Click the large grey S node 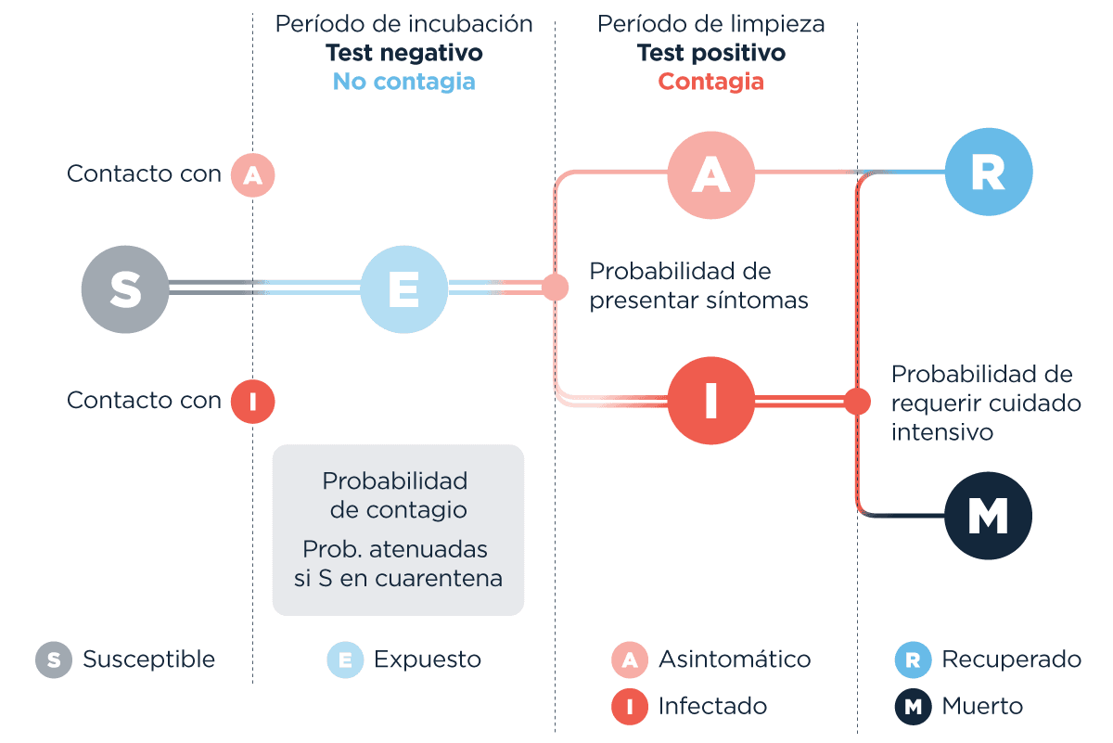coord(125,288)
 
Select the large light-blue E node coord(403,288)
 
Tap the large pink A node coord(710,174)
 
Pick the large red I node coord(710,401)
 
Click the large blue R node coord(988,173)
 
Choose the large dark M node coord(988,516)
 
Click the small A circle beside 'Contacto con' coord(252,174)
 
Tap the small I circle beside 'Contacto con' coord(252,402)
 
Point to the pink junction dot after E coord(555,287)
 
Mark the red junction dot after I coord(857,401)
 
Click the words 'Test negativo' coord(403,53)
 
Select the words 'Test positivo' coord(710,53)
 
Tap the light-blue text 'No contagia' coord(403,82)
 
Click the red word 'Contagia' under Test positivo coord(710,82)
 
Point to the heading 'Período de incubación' coord(403,24)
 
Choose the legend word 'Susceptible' coord(148,660)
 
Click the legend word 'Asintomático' coord(735,660)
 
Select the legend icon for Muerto coord(913,707)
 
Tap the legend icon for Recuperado coord(913,660)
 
